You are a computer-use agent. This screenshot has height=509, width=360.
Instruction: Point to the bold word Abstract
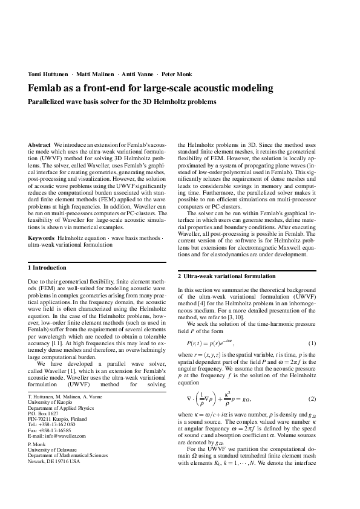point(39,146)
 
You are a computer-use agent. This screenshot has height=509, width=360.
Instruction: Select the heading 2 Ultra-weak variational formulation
point(226,276)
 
